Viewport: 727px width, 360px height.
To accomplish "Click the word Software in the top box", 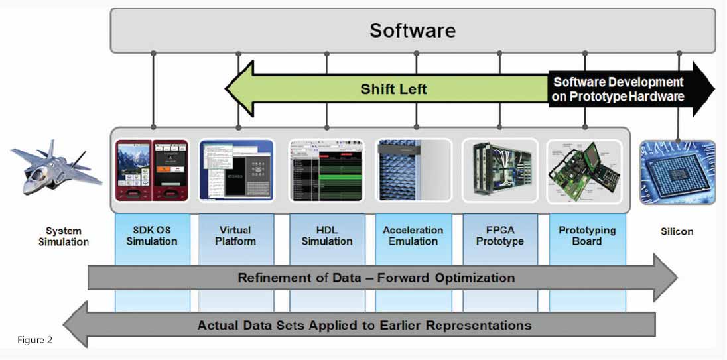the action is tap(413, 31).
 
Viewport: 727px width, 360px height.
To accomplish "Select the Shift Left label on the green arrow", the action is tap(393, 89).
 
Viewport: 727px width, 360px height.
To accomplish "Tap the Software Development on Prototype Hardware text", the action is tap(618, 90).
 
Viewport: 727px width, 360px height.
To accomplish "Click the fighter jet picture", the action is tap(56, 166).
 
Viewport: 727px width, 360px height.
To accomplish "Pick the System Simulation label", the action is tap(64, 236).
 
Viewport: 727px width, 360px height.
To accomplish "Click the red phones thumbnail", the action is tap(152, 170).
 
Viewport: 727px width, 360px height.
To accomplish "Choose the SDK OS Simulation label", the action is tap(152, 235).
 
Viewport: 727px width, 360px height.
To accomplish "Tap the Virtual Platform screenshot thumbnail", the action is tap(236, 170).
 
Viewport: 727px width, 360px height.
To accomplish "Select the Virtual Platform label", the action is tap(235, 235).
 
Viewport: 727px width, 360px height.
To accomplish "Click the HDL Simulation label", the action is tap(327, 235).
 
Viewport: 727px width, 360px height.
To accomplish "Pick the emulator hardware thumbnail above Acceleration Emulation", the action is tap(413, 170).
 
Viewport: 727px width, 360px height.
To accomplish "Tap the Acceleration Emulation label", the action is tap(413, 235).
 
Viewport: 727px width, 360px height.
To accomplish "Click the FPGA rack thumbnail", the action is tap(500, 170).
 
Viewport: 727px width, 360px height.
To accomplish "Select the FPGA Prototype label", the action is tap(500, 235).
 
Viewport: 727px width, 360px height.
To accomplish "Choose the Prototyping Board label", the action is tap(587, 235).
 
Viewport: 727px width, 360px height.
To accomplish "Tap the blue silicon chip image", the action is tap(677, 172).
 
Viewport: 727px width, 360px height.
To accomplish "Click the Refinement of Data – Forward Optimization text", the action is tap(376, 278).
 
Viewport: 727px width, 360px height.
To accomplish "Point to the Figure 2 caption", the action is tap(34, 340).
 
